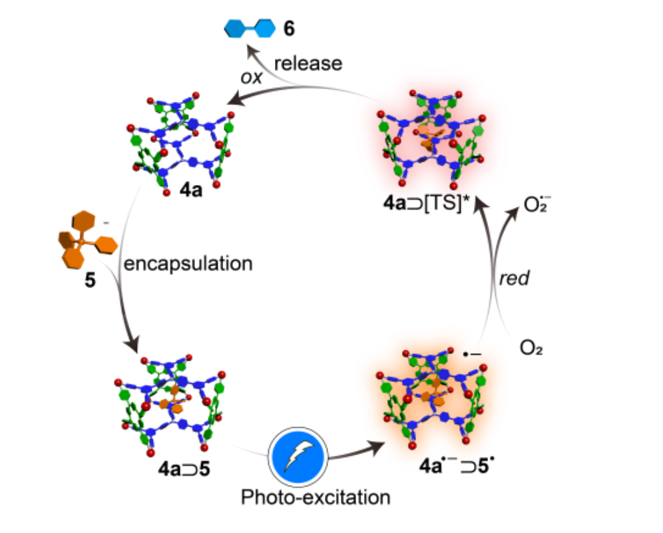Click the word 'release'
[x=308, y=64]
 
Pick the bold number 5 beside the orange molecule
[x=89, y=280]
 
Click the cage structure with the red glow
[x=431, y=140]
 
